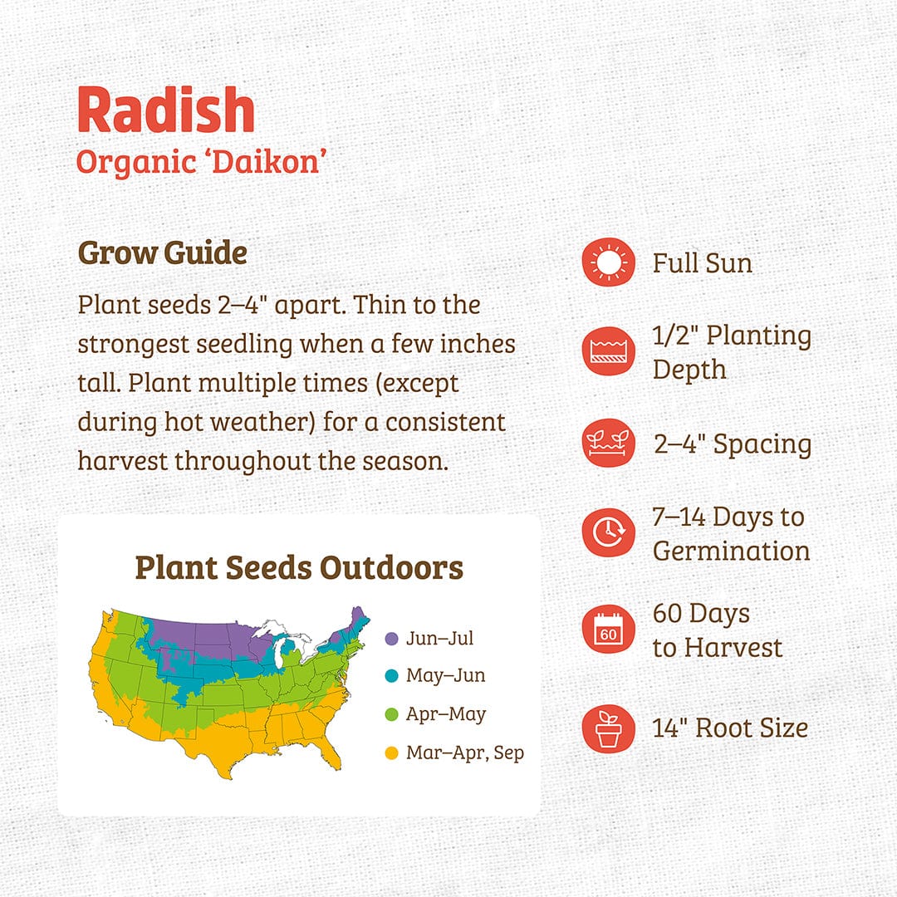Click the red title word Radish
(x=166, y=110)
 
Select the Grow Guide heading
(x=163, y=252)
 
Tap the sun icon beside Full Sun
(x=609, y=262)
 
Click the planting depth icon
(x=609, y=351)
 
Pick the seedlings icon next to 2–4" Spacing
(x=609, y=443)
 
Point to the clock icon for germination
(x=609, y=532)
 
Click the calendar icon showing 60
(x=609, y=630)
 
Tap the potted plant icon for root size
(x=609, y=728)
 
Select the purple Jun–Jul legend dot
(x=392, y=639)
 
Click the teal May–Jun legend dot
(x=392, y=676)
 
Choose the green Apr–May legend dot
(x=392, y=714)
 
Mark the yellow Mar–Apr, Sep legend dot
(x=392, y=752)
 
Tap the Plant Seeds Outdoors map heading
(x=299, y=567)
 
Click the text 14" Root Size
(x=730, y=728)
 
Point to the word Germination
(x=731, y=551)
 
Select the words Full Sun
(x=703, y=263)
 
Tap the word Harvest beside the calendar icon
(x=733, y=648)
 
